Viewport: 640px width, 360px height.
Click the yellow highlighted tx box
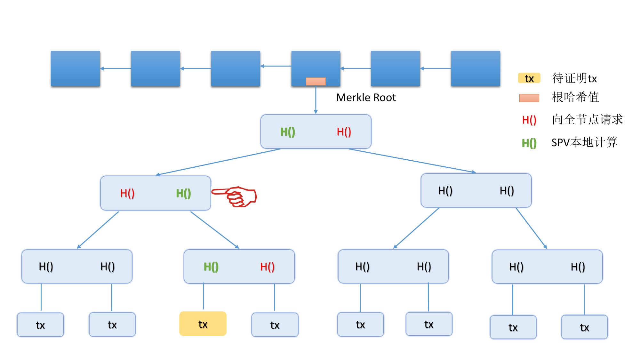tap(203, 324)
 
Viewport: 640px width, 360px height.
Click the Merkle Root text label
tap(366, 98)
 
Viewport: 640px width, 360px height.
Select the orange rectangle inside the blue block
tap(316, 81)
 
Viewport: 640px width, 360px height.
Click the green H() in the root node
tap(287, 132)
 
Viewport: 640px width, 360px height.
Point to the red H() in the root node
tap(344, 132)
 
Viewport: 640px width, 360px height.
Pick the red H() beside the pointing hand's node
tap(127, 193)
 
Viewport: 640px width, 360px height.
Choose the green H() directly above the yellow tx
tap(211, 267)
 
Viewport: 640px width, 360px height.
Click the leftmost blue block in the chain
tap(75, 68)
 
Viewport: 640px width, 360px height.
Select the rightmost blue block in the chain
tap(476, 68)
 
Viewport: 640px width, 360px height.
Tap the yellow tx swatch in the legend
tap(529, 78)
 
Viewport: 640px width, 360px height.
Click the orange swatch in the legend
tap(529, 98)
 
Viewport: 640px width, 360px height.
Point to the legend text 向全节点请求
tap(588, 120)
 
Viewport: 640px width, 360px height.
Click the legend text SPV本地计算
tap(584, 142)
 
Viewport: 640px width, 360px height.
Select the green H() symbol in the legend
tap(529, 143)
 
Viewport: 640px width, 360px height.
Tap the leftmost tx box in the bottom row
tap(40, 325)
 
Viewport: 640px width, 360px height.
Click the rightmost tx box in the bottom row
tap(584, 327)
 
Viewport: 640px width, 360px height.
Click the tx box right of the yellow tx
tap(275, 325)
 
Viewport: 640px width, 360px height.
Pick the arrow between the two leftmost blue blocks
tap(116, 68)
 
